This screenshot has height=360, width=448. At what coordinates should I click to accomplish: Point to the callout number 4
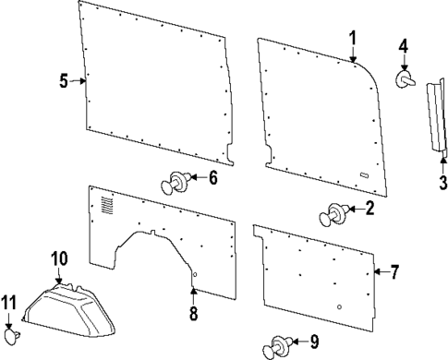pyautogui.click(x=404, y=45)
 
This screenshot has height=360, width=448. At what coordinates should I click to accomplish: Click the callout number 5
pyautogui.click(x=64, y=81)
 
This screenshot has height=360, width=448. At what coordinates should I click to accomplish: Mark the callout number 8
pyautogui.click(x=193, y=314)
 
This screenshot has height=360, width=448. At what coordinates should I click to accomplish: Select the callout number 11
pyautogui.click(x=10, y=304)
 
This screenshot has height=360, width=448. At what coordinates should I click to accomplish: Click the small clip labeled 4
pyautogui.click(x=405, y=79)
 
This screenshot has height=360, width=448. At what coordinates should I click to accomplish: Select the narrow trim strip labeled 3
pyautogui.click(x=434, y=115)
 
